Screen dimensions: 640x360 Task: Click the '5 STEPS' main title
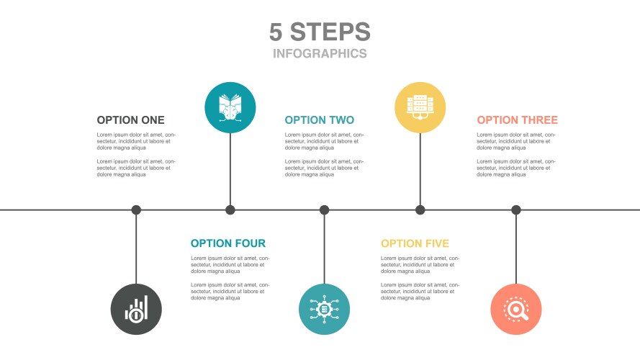click(x=320, y=32)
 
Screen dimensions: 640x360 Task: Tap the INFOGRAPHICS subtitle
click(x=320, y=53)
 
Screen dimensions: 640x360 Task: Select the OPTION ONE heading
click(x=130, y=120)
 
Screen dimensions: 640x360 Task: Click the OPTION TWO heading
click(x=320, y=120)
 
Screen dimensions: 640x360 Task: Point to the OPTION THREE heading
click(x=517, y=120)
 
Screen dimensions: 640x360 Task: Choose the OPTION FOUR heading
click(x=228, y=243)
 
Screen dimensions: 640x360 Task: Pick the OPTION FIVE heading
click(x=415, y=243)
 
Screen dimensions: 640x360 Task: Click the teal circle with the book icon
click(x=230, y=107)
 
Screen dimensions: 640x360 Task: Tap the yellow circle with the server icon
click(x=420, y=107)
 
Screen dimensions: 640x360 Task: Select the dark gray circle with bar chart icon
click(x=136, y=309)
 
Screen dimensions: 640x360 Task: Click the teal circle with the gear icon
click(x=324, y=309)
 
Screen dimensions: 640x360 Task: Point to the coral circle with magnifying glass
click(x=516, y=309)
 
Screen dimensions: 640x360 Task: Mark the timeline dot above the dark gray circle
click(x=136, y=210)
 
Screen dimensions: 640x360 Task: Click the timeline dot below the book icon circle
click(x=230, y=210)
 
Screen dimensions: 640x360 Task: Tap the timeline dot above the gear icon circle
click(x=324, y=210)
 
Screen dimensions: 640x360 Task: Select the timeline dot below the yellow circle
click(x=420, y=210)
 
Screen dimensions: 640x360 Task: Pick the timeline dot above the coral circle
click(x=516, y=210)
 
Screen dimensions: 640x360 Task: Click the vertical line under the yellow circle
click(x=420, y=169)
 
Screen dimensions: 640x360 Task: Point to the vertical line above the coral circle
click(x=516, y=249)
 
